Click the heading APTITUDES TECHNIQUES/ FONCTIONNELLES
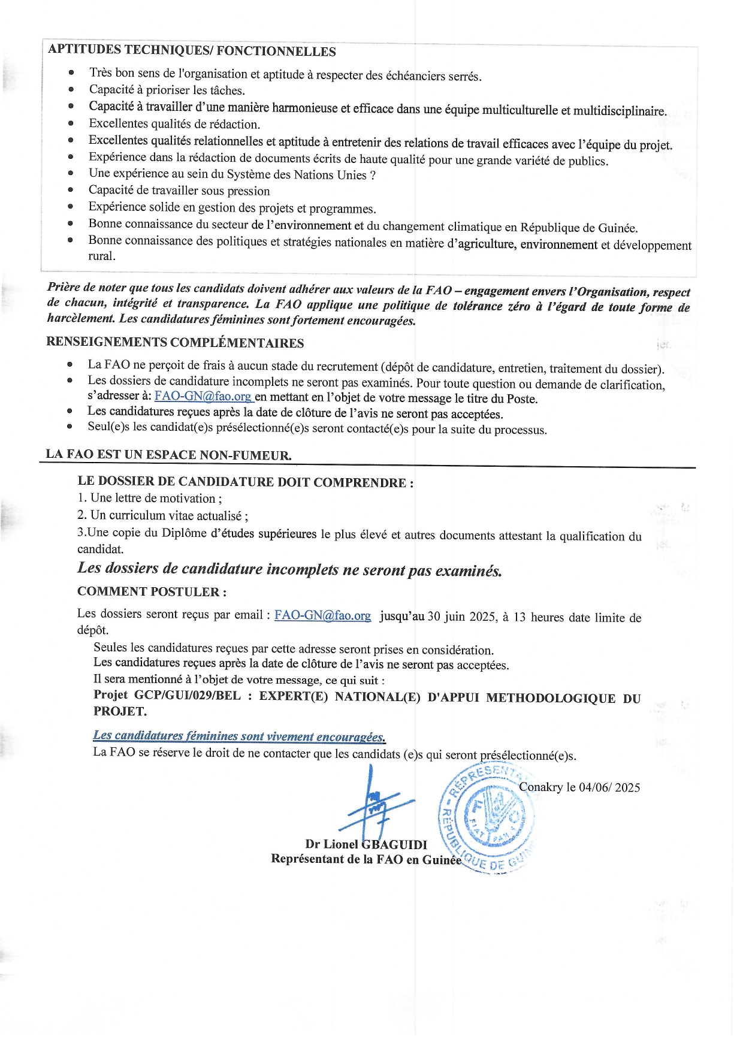click(192, 51)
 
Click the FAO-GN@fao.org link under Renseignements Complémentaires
click(203, 397)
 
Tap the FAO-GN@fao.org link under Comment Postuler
click(322, 615)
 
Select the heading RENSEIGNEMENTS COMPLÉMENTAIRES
click(175, 343)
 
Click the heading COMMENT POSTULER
click(152, 591)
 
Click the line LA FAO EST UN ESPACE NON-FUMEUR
click(168, 454)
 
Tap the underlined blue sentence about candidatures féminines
click(239, 736)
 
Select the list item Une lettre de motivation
click(150, 499)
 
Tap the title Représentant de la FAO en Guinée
click(366, 859)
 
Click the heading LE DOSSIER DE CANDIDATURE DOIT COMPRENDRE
click(245, 482)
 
